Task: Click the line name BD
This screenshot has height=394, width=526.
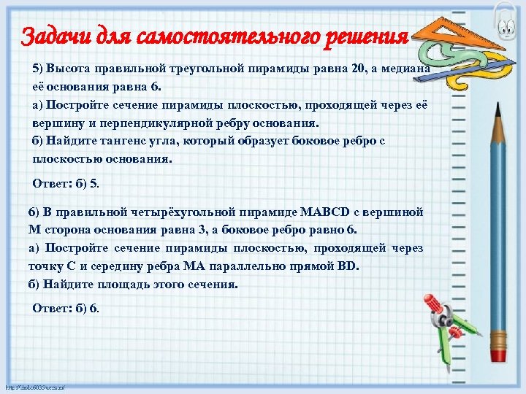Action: (x=348, y=266)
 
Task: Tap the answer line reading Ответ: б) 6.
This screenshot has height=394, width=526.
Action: (x=66, y=309)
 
